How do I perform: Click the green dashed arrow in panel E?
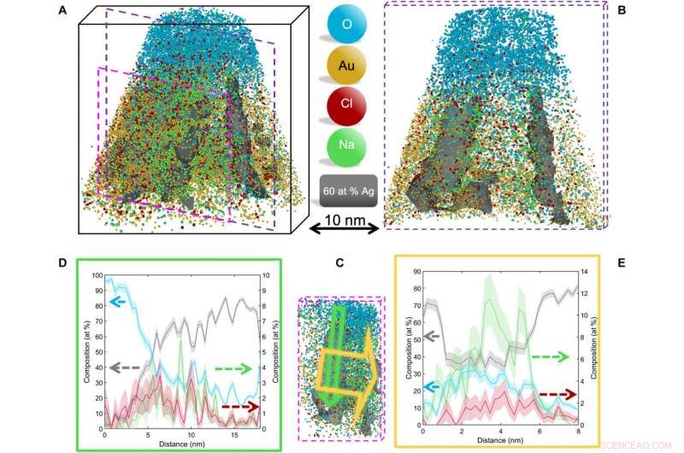(x=550, y=356)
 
